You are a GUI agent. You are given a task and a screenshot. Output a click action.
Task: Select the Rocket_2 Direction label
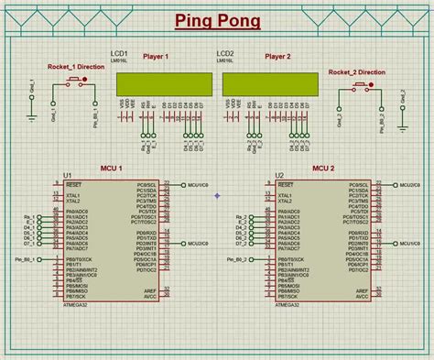[356, 71]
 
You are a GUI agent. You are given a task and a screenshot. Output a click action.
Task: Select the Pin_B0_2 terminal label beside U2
[235, 260]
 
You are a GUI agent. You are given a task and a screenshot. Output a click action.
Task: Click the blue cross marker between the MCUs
[217, 195]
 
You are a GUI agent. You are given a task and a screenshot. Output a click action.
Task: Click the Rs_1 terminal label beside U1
[29, 215]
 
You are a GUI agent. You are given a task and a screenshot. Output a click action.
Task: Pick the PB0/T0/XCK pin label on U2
[293, 261]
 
